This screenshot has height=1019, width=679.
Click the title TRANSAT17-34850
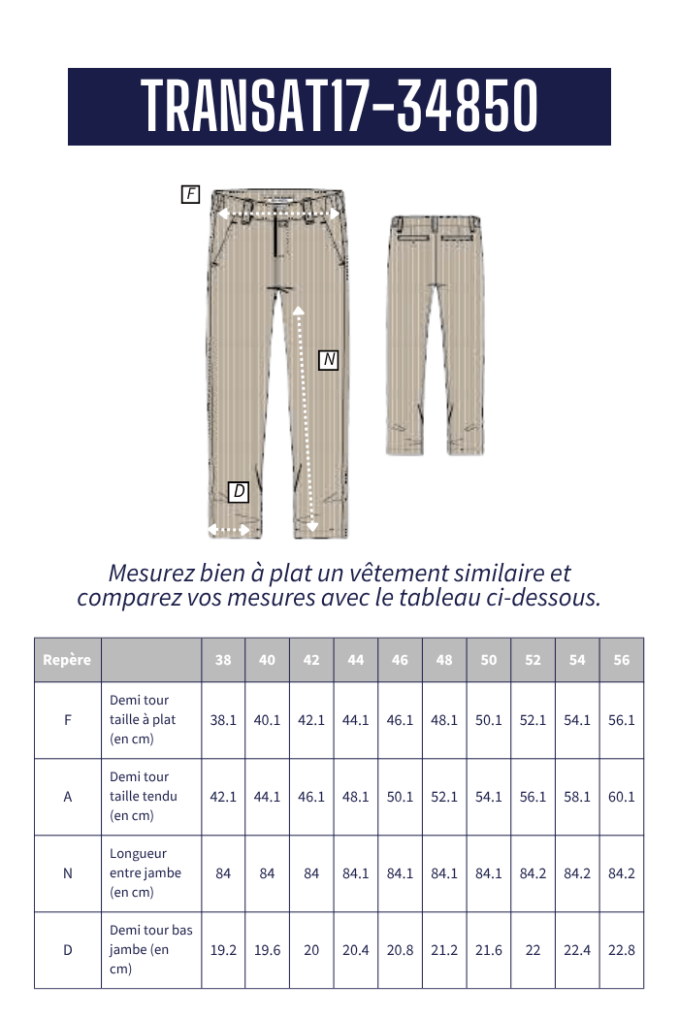coord(339,106)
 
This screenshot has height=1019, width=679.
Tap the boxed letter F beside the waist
coord(190,194)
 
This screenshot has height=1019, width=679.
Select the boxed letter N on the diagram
coord(329,360)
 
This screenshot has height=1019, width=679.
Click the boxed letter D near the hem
coord(239,492)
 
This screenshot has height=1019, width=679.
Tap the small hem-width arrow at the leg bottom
coord(230,530)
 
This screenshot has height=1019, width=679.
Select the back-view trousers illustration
coord(436,335)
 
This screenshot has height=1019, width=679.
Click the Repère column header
coord(67,660)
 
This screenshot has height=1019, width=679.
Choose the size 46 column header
coord(400,660)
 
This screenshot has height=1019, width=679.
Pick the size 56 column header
coord(622,660)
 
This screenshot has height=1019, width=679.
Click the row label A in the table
coord(67,796)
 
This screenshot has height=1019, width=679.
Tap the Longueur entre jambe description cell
coord(145,872)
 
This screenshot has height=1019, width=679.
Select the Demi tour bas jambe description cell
coord(150,949)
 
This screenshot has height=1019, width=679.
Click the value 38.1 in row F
coord(223,720)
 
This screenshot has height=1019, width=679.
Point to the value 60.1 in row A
coord(622,796)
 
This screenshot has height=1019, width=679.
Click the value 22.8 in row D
coord(622,949)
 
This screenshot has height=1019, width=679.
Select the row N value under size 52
coord(533,872)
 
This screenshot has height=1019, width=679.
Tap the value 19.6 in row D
coord(268,949)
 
